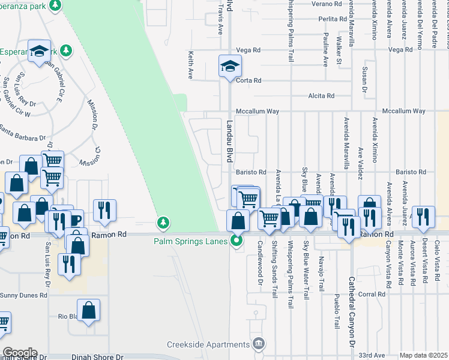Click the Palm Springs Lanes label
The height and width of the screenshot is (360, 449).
(191, 242)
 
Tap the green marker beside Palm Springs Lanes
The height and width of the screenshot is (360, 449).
(237, 241)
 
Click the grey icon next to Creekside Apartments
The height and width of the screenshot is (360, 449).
(259, 344)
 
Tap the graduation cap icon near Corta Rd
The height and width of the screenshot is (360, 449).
(230, 66)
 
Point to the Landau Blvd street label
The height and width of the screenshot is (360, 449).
(229, 141)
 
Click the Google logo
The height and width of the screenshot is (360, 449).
(20, 353)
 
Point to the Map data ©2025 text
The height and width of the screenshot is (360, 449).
(424, 355)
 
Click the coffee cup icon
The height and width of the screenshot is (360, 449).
(75, 220)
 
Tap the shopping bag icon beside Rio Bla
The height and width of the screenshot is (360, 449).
(88, 311)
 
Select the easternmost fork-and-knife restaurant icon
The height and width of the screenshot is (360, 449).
(424, 218)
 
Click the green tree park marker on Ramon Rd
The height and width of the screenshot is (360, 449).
(163, 224)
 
